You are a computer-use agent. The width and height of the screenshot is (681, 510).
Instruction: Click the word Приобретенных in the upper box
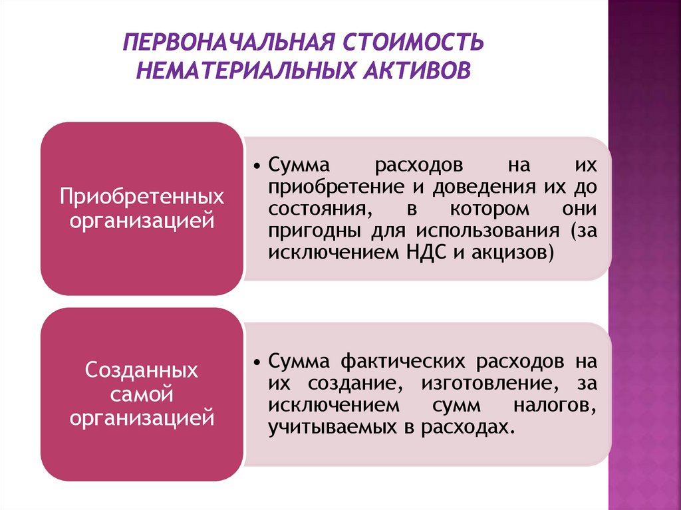(142, 197)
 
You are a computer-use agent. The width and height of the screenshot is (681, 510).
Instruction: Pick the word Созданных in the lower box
(142, 370)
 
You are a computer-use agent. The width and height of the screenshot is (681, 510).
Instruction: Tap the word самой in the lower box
(142, 394)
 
